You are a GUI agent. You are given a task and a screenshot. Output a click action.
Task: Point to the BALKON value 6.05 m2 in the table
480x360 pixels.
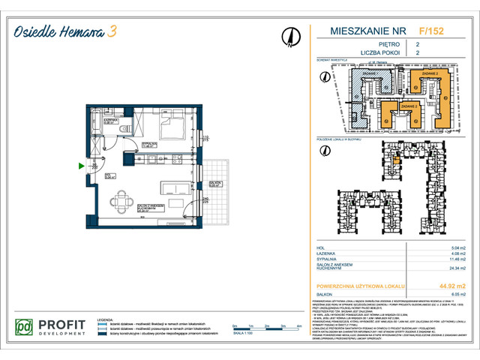(448, 295)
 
